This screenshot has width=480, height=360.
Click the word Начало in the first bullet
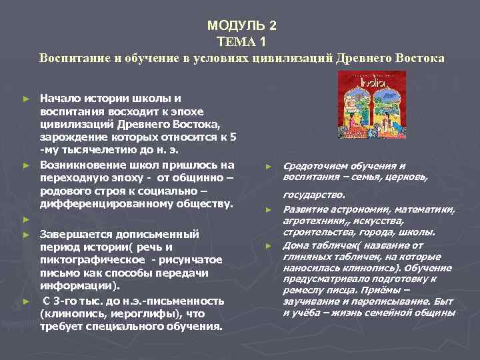61,98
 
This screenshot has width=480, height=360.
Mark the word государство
314,195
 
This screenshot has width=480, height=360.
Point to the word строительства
317,233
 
